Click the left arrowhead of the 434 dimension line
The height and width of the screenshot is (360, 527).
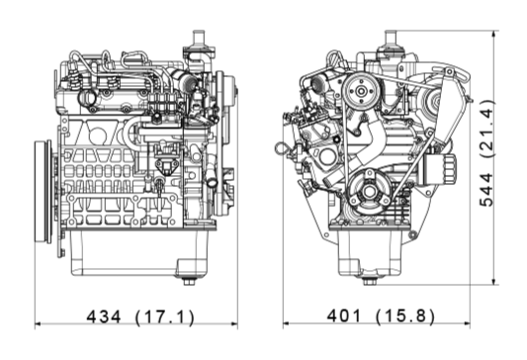pyautogui.click(x=39, y=323)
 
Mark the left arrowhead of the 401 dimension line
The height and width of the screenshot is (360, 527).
pyautogui.click(x=285, y=323)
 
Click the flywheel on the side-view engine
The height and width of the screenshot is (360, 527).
pyautogui.click(x=44, y=190)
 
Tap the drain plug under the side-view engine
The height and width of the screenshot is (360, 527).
pyautogui.click(x=189, y=280)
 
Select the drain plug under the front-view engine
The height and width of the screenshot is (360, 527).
pyautogui.click(x=370, y=280)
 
